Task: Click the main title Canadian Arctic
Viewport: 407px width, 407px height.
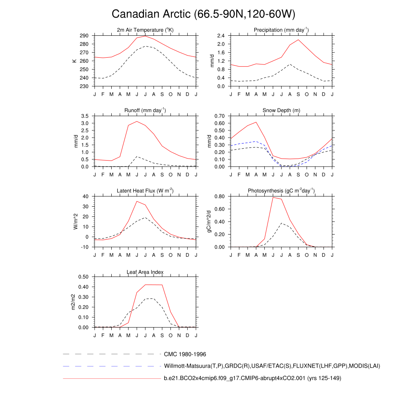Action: [203, 14]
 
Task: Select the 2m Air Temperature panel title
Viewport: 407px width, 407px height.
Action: [145, 30]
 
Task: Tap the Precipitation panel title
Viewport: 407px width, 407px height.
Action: [281, 30]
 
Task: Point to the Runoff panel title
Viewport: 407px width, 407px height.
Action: [145, 110]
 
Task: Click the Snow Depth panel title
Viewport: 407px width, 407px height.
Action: [281, 110]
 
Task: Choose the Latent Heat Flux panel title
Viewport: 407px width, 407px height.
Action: [145, 191]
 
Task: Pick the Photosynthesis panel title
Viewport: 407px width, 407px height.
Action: [281, 191]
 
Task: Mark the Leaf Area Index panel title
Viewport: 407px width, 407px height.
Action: [145, 272]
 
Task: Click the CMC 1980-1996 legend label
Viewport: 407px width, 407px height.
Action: [185, 354]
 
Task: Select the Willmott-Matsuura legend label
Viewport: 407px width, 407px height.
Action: [272, 366]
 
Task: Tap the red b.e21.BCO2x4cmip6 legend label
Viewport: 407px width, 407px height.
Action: [252, 378]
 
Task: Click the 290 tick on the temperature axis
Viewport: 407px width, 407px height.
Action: [84, 36]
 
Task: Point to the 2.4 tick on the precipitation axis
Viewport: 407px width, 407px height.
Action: [222, 36]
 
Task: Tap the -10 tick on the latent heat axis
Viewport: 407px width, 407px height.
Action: [85, 247]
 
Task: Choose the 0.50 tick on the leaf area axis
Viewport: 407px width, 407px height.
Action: [84, 277]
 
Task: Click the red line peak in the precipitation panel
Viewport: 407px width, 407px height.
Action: [298, 39]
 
